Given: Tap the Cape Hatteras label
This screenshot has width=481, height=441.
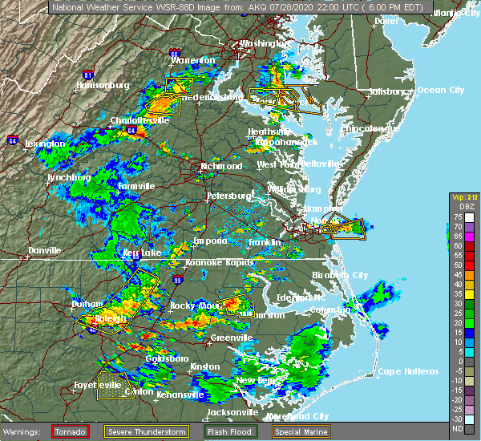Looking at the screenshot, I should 408,371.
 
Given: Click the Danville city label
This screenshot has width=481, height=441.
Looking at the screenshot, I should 44,250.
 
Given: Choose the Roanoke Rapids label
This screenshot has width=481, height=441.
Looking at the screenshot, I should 219,262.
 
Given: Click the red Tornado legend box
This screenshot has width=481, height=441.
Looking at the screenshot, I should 71,431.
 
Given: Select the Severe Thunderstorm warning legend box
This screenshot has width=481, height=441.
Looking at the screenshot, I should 146,431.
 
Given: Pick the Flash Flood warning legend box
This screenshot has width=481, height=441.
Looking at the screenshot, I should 227,431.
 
